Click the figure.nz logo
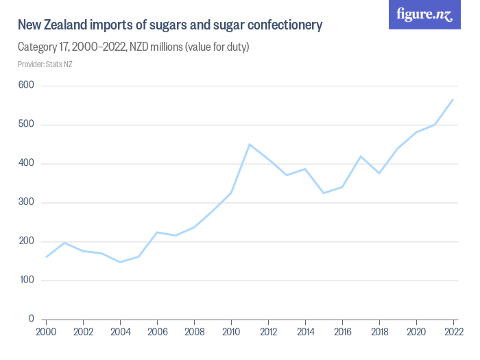(424, 15)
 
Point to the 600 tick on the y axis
(27, 86)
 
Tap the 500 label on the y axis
(27, 125)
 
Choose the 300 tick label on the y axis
(27, 203)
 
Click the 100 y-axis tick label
(27, 280)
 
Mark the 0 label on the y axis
(32, 320)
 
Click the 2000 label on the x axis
(46, 331)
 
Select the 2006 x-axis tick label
(157, 331)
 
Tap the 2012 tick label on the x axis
(268, 331)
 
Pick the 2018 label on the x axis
(379, 331)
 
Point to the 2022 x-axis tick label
(453, 331)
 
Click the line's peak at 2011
(250, 144)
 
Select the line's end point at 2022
(453, 99)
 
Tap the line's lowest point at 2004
(120, 262)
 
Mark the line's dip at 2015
(324, 193)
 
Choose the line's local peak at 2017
(361, 156)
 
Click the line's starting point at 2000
(46, 257)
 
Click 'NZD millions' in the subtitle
(159, 47)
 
